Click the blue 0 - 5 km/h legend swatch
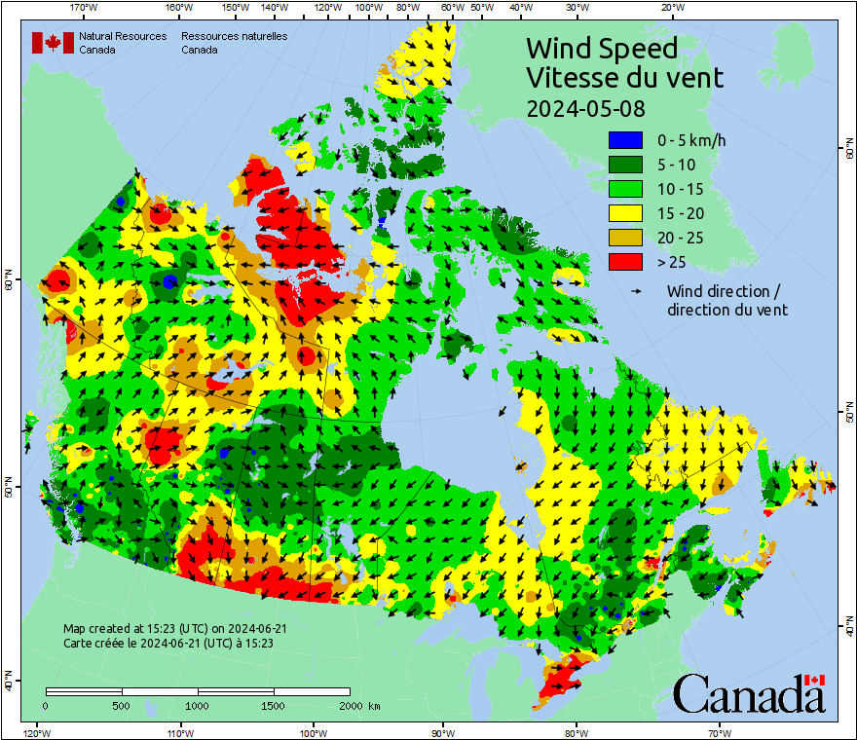[x=623, y=140]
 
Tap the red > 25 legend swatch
[x=623, y=262]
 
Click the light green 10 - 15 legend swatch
[x=623, y=189]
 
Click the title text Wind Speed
[x=601, y=48]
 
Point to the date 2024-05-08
[x=585, y=107]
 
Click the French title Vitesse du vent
[x=624, y=77]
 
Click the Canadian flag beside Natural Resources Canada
[x=53, y=43]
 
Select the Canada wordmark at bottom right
[x=748, y=693]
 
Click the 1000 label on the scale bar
[x=198, y=705]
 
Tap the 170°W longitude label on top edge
[x=85, y=8]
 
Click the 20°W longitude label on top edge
[x=671, y=8]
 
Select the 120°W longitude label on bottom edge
[x=36, y=732]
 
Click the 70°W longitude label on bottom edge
[x=719, y=732]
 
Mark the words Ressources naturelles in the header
[x=234, y=36]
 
